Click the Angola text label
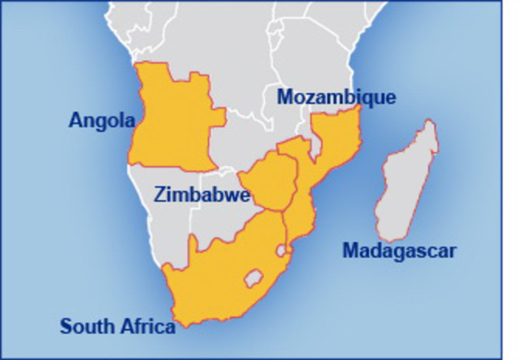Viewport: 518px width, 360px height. pyautogui.click(x=100, y=121)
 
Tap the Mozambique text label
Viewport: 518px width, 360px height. pyautogui.click(x=337, y=97)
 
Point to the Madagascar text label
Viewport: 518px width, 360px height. pyautogui.click(x=399, y=251)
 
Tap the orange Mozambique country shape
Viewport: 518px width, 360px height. pyautogui.click(x=332, y=146)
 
